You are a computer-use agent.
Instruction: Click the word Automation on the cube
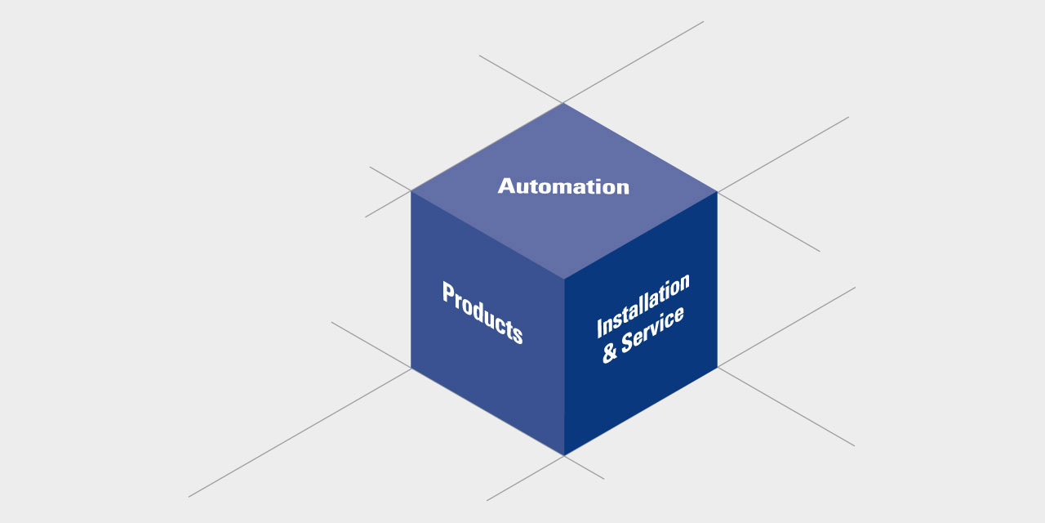pyautogui.click(x=563, y=186)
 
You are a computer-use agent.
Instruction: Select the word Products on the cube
pyautogui.click(x=482, y=312)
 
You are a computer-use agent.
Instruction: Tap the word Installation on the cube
pyautogui.click(x=643, y=305)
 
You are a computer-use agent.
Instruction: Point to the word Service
pyautogui.click(x=653, y=329)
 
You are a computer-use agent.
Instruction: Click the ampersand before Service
pyautogui.click(x=610, y=354)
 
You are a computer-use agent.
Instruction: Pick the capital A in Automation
pyautogui.click(x=506, y=186)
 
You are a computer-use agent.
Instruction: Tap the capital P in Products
pyautogui.click(x=448, y=293)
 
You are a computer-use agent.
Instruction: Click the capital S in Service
pyautogui.click(x=628, y=341)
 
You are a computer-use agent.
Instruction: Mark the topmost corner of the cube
pyautogui.click(x=563, y=103)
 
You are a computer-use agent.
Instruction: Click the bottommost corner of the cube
pyautogui.click(x=564, y=455)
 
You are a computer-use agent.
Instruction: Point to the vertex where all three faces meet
pyautogui.click(x=564, y=279)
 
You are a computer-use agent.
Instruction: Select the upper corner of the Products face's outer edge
pyautogui.click(x=411, y=191)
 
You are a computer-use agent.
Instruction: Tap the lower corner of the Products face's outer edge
pyautogui.click(x=411, y=368)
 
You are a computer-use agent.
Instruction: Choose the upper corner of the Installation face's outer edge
pyautogui.click(x=717, y=192)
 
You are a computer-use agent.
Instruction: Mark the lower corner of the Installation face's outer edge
pyautogui.click(x=717, y=367)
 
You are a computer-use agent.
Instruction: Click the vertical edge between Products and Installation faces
pyautogui.click(x=564, y=368)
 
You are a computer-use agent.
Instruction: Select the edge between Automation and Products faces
pyautogui.click(x=487, y=235)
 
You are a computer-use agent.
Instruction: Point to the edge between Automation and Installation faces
pyautogui.click(x=641, y=235)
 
